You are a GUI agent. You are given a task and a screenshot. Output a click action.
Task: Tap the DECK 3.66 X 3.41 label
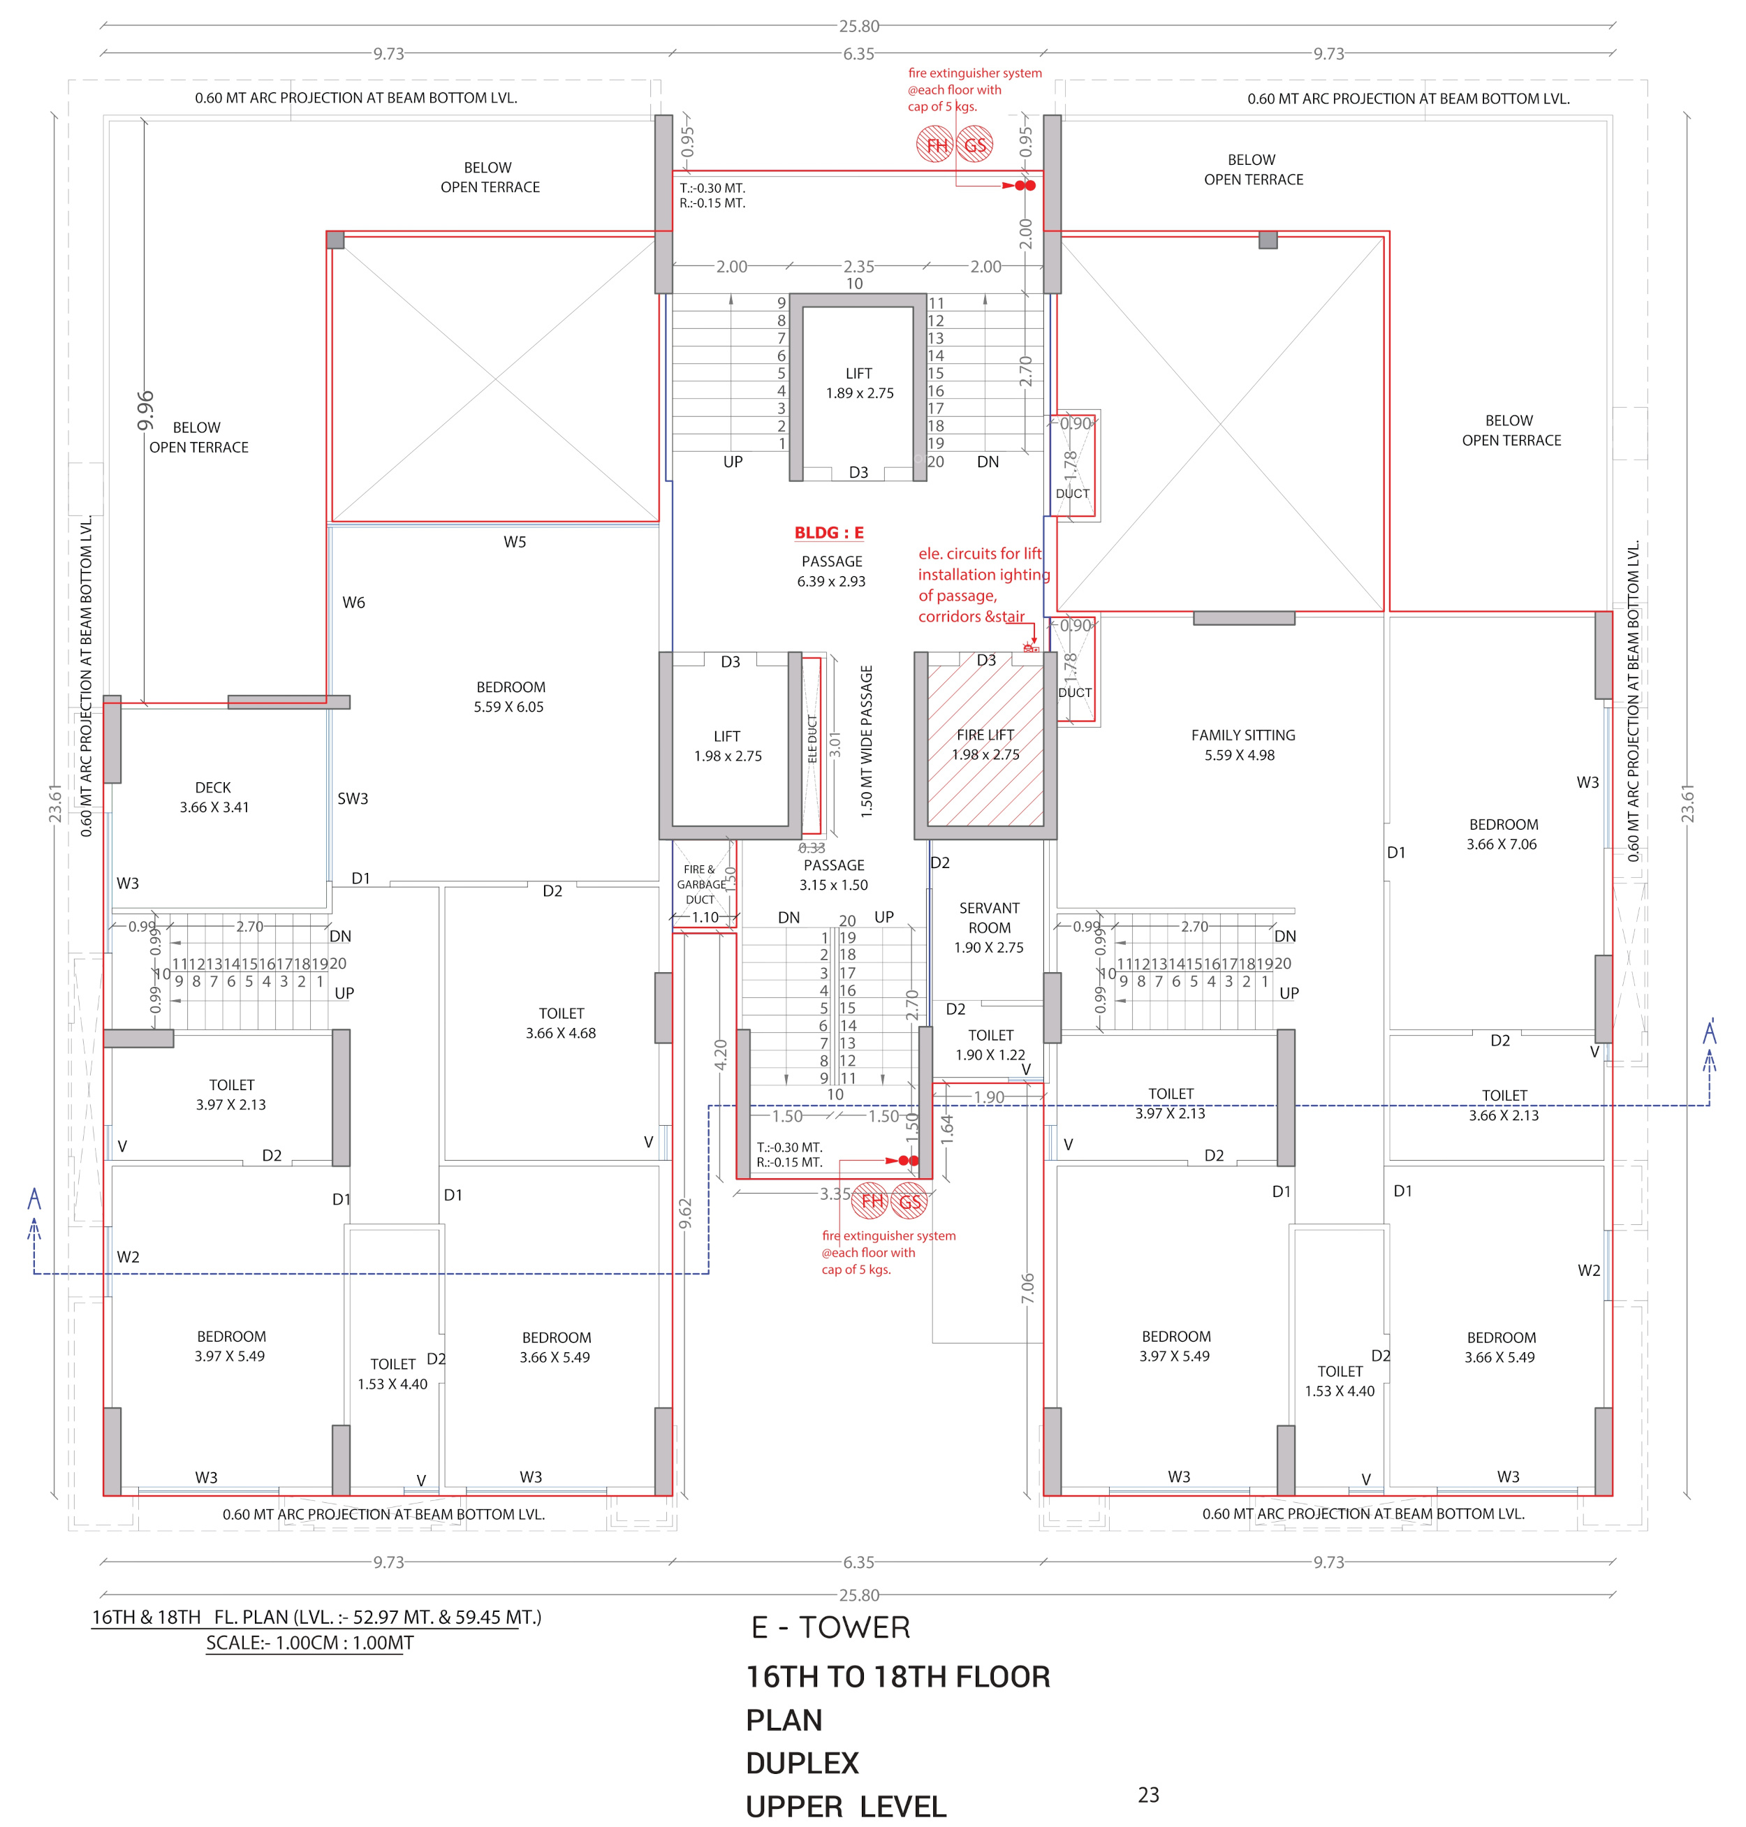pyautogui.click(x=214, y=798)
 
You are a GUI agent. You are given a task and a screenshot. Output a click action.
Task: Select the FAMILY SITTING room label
pyautogui.click(x=1242, y=744)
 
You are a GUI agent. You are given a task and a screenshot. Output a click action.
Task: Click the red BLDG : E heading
pyautogui.click(x=828, y=532)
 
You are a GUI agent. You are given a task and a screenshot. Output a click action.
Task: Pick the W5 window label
pyautogui.click(x=515, y=542)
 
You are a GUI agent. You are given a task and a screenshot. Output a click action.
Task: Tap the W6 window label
pyautogui.click(x=353, y=602)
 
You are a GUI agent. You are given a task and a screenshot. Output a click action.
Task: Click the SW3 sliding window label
pyautogui.click(x=353, y=798)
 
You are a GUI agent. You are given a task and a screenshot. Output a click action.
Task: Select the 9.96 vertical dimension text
pyautogui.click(x=146, y=411)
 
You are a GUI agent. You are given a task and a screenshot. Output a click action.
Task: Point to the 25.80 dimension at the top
pyautogui.click(x=858, y=26)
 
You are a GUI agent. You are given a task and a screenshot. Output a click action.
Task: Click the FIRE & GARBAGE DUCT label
pyautogui.click(x=700, y=884)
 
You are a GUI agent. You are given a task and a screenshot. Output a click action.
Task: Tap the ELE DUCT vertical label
pyautogui.click(x=812, y=739)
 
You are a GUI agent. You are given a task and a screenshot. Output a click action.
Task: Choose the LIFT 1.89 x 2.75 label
pyautogui.click(x=859, y=383)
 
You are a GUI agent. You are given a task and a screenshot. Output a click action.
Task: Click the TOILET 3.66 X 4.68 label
pyautogui.click(x=560, y=1023)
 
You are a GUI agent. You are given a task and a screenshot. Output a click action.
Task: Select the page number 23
pyautogui.click(x=1148, y=1794)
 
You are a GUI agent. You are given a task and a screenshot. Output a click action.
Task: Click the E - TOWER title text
pyautogui.click(x=830, y=1627)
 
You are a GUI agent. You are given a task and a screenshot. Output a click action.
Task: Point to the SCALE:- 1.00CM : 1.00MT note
pyautogui.click(x=310, y=1643)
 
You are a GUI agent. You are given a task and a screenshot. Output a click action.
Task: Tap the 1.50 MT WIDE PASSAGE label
pyautogui.click(x=867, y=742)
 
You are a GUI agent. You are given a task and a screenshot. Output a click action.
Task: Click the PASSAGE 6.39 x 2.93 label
pyautogui.click(x=831, y=571)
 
